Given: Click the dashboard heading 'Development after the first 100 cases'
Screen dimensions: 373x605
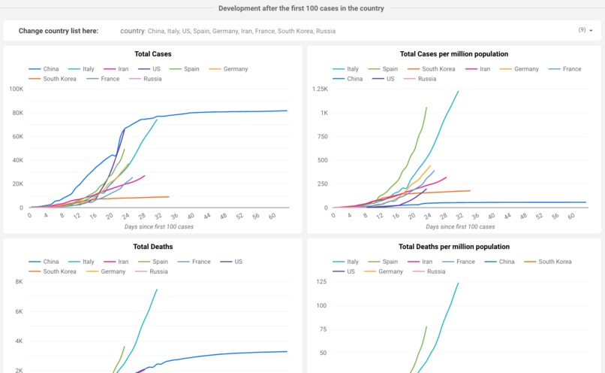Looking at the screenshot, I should (301, 8).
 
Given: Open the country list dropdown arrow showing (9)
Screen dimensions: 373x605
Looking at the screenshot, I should (591, 31).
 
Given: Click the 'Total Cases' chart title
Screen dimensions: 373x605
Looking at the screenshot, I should (152, 54).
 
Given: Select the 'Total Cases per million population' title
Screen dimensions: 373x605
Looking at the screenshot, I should (453, 54).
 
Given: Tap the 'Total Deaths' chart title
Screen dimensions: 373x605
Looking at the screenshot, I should (152, 247).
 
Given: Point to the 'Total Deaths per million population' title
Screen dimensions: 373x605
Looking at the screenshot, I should (453, 247).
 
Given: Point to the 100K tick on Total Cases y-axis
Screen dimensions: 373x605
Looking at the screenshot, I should (16, 89).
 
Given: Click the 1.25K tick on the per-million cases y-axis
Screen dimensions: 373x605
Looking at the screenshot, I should (319, 89).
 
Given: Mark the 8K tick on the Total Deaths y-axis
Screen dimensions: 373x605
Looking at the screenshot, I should (19, 282).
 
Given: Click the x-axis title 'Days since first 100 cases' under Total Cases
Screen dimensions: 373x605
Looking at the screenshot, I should (152, 226).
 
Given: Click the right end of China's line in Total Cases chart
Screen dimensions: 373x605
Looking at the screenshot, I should (287, 111).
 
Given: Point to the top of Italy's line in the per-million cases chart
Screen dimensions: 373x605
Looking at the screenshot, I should (458, 91).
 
